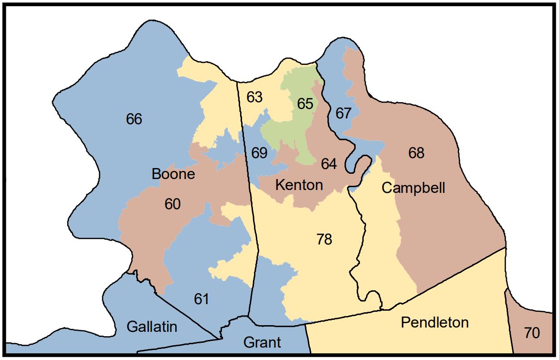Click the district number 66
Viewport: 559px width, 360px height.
pyautogui.click(x=134, y=119)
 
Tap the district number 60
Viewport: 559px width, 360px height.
pyautogui.click(x=172, y=204)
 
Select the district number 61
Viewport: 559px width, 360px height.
pyautogui.click(x=201, y=299)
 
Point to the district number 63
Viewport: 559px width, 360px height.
pyautogui.click(x=254, y=97)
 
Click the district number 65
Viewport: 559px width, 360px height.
pyautogui.click(x=305, y=104)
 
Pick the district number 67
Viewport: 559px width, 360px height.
pyautogui.click(x=343, y=114)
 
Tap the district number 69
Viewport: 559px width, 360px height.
pyautogui.click(x=259, y=153)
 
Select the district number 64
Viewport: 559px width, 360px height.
pyautogui.click(x=329, y=164)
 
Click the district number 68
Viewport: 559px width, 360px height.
pyautogui.click(x=416, y=153)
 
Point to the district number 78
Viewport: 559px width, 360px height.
pyautogui.click(x=324, y=239)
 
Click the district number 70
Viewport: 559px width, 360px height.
pyautogui.click(x=531, y=333)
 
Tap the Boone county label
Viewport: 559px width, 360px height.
pyautogui.click(x=173, y=174)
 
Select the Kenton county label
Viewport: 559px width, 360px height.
pyautogui.click(x=300, y=185)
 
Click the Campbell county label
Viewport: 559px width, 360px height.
pyautogui.click(x=413, y=188)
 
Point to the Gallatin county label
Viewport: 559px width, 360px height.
pyautogui.click(x=152, y=327)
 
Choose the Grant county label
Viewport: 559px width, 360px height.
pyautogui.click(x=262, y=342)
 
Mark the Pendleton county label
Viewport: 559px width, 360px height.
pyautogui.click(x=434, y=323)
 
